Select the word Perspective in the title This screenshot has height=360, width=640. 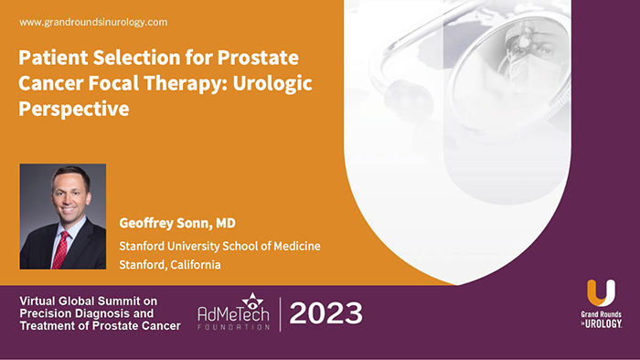click(74, 108)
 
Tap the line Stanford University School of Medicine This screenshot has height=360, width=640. click(219, 246)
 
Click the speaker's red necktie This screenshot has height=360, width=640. click(61, 248)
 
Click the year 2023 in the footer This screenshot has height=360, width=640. click(325, 312)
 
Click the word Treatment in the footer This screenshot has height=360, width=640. click(51, 326)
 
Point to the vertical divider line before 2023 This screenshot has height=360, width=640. click(280, 312)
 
